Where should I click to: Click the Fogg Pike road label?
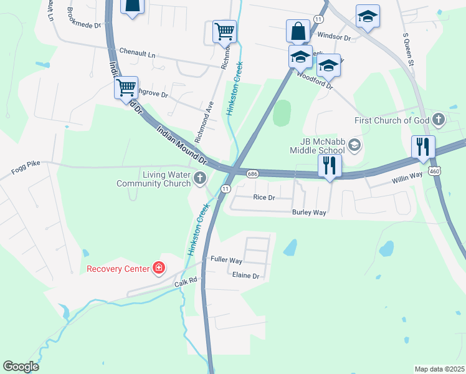pyautogui.click(x=26, y=163)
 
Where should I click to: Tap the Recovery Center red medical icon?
pyautogui.click(x=159, y=269)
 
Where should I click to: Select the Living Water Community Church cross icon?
pyautogui.click(x=200, y=179)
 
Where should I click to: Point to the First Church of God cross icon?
pyautogui.click(x=439, y=120)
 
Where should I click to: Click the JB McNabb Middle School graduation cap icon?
pyautogui.click(x=354, y=145)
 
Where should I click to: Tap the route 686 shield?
pyautogui.click(x=252, y=173)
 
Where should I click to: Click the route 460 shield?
pyautogui.click(x=435, y=171)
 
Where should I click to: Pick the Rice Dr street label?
pyautogui.click(x=264, y=198)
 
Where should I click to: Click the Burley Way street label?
pyautogui.click(x=309, y=213)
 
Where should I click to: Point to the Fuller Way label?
pyautogui.click(x=226, y=260)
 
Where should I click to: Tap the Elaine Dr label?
pyautogui.click(x=245, y=275)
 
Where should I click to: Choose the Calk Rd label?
pyautogui.click(x=185, y=282)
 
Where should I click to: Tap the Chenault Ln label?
pyautogui.click(x=137, y=54)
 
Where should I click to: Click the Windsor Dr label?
pyautogui.click(x=335, y=37)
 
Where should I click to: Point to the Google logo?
pyautogui.click(x=21, y=367)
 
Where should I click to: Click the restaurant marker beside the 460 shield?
pyautogui.click(x=423, y=147)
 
